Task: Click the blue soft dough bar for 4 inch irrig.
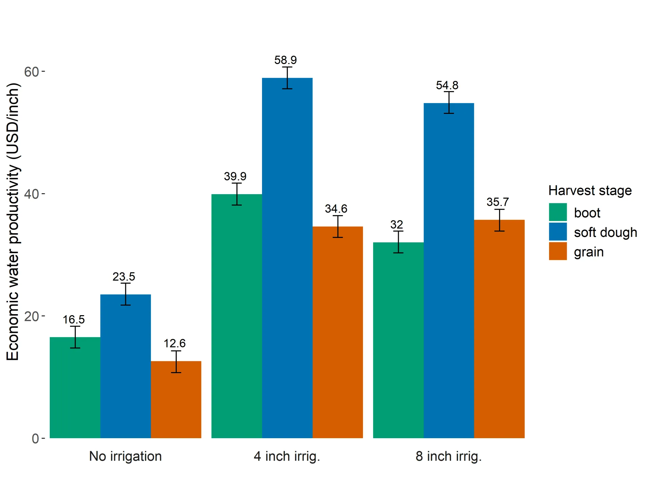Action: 287,258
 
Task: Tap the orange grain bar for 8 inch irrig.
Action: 499,329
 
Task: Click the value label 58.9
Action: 285,60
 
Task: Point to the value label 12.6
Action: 174,343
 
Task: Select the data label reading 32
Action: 396,224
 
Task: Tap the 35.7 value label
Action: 497,202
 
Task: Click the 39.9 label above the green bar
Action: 235,176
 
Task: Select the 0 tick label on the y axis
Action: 35,439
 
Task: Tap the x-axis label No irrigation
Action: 125,456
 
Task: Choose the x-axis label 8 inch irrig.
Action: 449,456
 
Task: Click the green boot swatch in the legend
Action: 558,212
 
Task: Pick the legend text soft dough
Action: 605,232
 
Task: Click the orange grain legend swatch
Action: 558,251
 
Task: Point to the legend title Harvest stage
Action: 590,190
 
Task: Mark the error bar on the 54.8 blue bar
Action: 449,102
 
